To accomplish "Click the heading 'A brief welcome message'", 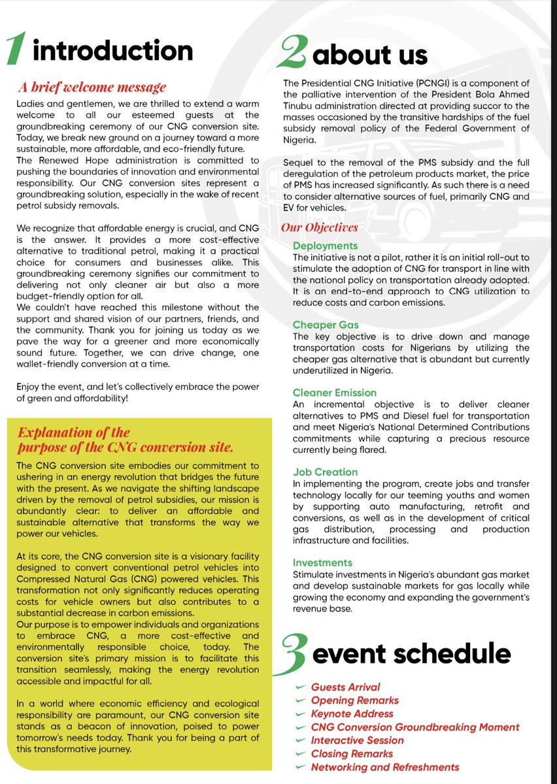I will coord(92,87).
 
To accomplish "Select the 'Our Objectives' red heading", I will coord(320,227).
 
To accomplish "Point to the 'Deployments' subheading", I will coord(325,246).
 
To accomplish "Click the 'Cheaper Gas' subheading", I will coord(326,325).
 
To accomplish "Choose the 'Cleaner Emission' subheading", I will coord(334,393).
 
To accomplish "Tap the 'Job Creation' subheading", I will coord(325,472).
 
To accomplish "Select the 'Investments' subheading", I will coord(322,563).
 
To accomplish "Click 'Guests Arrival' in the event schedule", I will coord(345,687).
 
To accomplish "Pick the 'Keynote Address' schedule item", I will coord(352,713).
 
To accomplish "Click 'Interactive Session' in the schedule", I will coord(357,740).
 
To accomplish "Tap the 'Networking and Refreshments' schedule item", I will coord(384,767).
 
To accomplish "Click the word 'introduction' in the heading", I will coord(112,51).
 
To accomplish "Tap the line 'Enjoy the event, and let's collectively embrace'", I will coord(137,387).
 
